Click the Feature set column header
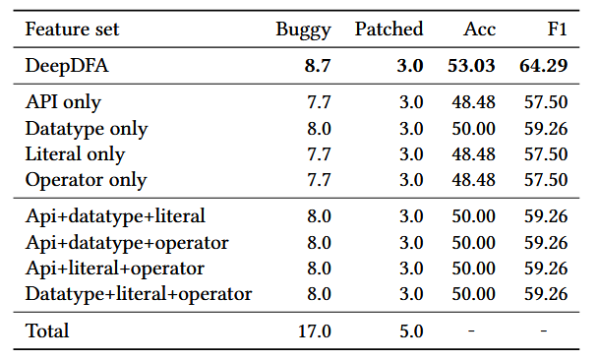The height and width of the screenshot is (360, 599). (72, 30)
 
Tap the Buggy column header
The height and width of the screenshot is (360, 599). (304, 30)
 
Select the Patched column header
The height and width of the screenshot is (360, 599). (389, 30)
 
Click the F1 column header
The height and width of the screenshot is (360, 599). (556, 30)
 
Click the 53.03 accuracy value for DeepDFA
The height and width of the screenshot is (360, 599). (473, 67)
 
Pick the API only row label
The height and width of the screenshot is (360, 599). (63, 102)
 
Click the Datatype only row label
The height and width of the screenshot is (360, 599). (87, 129)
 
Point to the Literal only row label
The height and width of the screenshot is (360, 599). (75, 154)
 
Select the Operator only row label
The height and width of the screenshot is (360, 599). (86, 180)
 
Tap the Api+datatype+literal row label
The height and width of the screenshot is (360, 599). (115, 215)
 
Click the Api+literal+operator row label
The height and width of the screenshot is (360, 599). (114, 268)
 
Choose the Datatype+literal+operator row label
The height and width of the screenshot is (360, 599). (139, 293)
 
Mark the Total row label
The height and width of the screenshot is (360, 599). (47, 330)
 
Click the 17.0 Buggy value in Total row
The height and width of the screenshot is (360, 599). (315, 330)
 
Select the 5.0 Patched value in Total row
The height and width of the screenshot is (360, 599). (410, 330)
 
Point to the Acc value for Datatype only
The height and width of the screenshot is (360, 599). (473, 129)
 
